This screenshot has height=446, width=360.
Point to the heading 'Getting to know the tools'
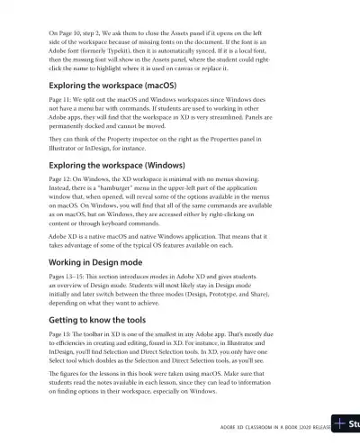(96, 320)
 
